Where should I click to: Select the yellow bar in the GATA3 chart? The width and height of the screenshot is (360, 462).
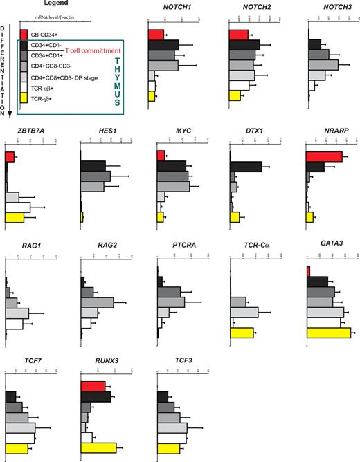point(328,333)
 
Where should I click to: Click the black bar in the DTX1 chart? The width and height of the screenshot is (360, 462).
point(245,167)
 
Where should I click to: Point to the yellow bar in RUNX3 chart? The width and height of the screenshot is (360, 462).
point(98,447)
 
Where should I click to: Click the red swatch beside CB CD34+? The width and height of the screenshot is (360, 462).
point(24,34)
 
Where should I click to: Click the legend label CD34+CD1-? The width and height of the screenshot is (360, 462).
point(47,45)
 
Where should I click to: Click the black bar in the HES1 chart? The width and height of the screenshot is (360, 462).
point(93,167)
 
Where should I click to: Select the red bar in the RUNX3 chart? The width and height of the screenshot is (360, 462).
point(93,386)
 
